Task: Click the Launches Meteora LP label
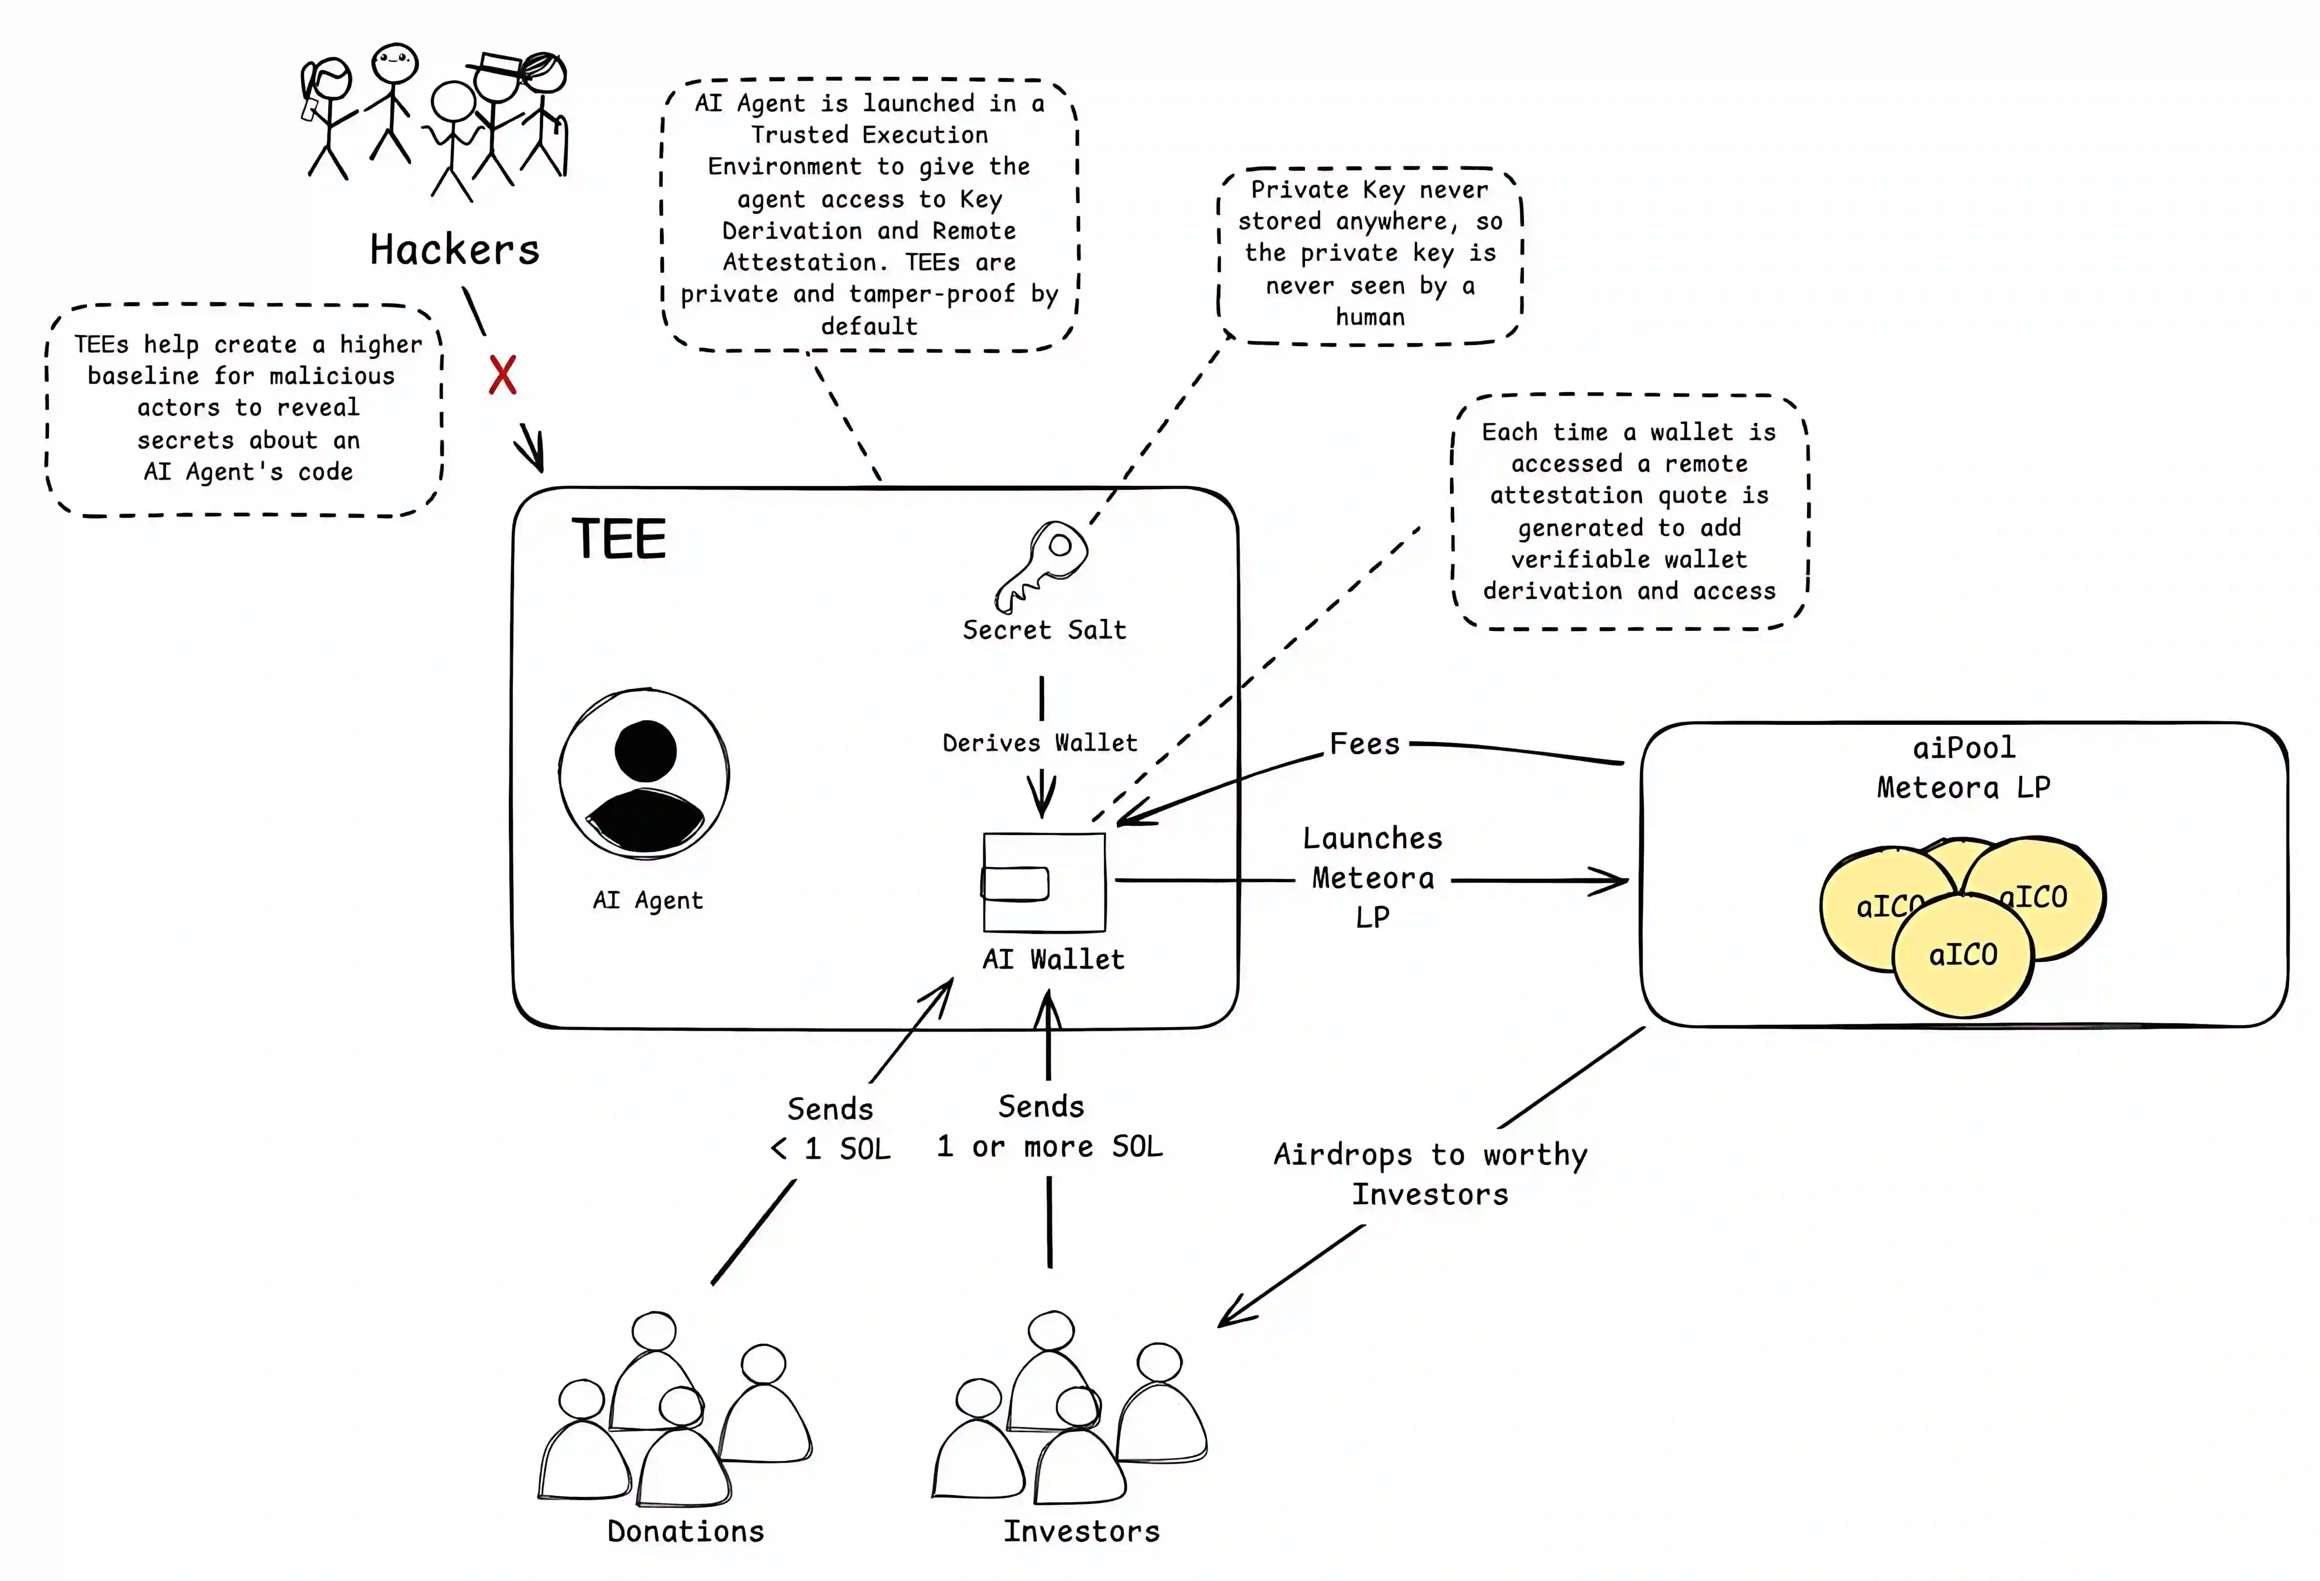1373,878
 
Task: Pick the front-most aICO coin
1962,956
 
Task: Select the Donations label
686,1531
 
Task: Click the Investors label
1081,1531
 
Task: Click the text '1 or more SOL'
1049,1147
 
